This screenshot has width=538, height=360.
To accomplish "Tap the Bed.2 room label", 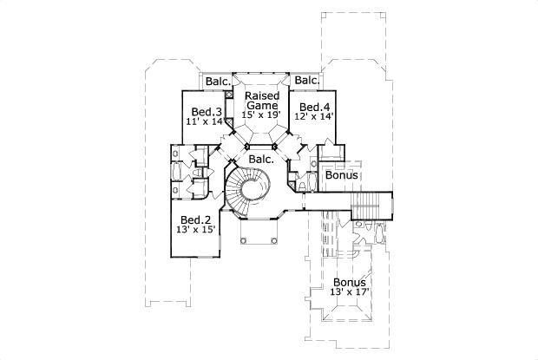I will (x=196, y=219).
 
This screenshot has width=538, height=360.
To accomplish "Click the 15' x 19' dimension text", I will (x=260, y=114).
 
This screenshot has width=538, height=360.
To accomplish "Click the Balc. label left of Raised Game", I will (x=218, y=82).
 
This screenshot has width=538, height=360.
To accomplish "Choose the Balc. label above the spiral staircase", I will (x=261, y=159).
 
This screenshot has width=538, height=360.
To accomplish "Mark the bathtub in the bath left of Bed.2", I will (x=177, y=174).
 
